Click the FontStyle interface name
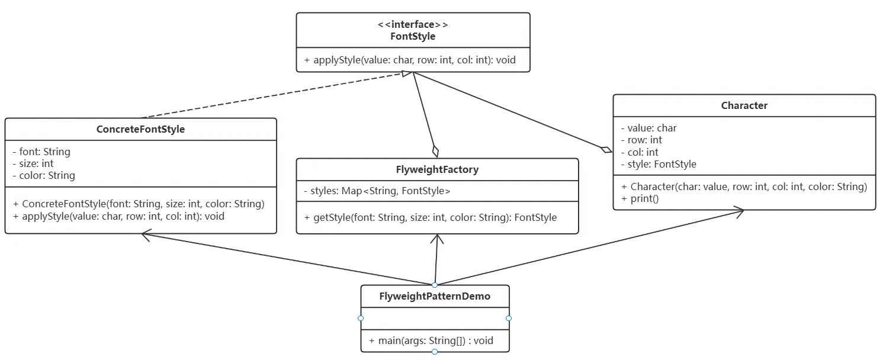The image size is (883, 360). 413,36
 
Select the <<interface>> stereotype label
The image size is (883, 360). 413,25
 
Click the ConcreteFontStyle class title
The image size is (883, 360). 140,129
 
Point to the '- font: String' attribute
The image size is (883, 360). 41,152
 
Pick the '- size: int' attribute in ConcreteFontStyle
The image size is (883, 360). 33,163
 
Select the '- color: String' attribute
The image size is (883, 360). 44,175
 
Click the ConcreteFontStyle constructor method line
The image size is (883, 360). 139,204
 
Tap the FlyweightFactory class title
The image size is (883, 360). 437,169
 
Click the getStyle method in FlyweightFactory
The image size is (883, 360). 431,217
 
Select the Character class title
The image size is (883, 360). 744,105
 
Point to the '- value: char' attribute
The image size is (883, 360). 648,128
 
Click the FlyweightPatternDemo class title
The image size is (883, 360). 435,296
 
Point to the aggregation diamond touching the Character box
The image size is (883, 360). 606,149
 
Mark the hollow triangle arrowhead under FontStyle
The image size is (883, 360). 406,74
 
